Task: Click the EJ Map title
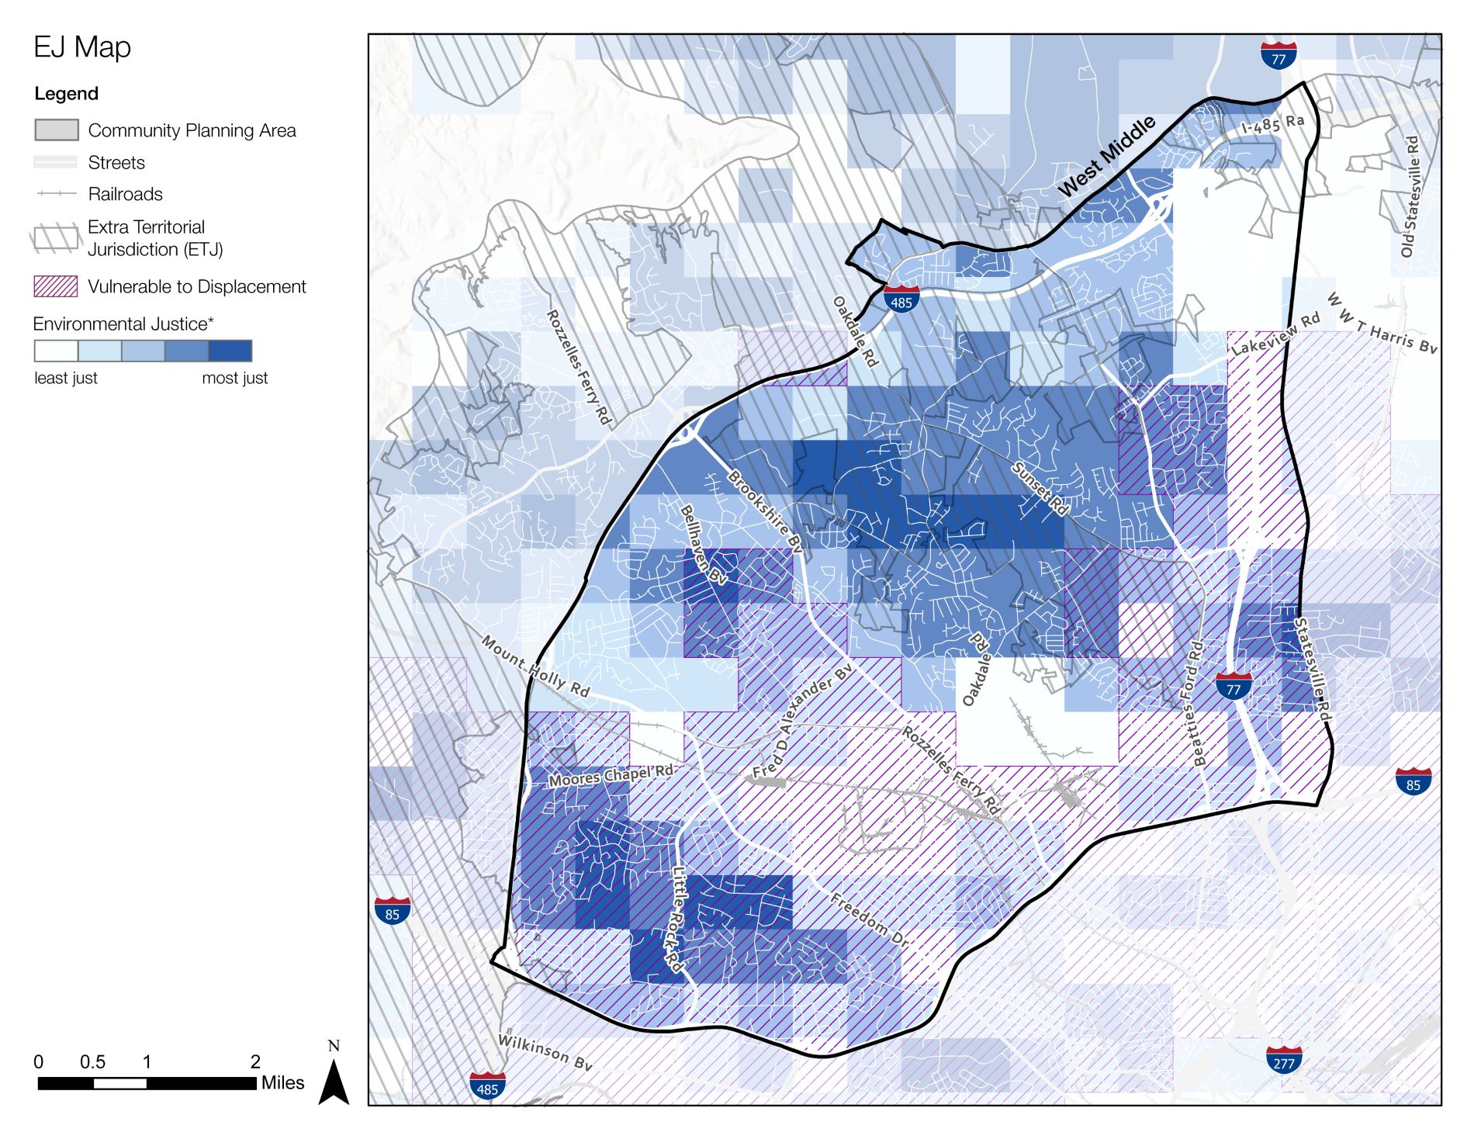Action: tap(82, 47)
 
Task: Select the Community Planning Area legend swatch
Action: tap(57, 130)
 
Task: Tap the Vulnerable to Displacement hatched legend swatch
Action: tap(56, 286)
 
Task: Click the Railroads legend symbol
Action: tap(56, 194)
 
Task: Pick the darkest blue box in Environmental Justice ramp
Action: tap(230, 351)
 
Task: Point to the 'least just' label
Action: tap(66, 379)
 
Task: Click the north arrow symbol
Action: tap(334, 1078)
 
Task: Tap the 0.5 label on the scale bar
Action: tap(92, 1062)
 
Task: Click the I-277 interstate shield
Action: tap(1284, 1060)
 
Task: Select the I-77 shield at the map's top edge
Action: tap(1279, 56)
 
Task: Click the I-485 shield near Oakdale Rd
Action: tap(901, 299)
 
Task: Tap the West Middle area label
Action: tap(1106, 156)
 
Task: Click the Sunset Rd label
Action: tap(1040, 489)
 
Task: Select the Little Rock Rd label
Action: tap(676, 919)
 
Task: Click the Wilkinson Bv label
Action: tap(545, 1052)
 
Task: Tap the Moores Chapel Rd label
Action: tap(611, 776)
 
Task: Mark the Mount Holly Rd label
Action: tap(535, 666)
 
